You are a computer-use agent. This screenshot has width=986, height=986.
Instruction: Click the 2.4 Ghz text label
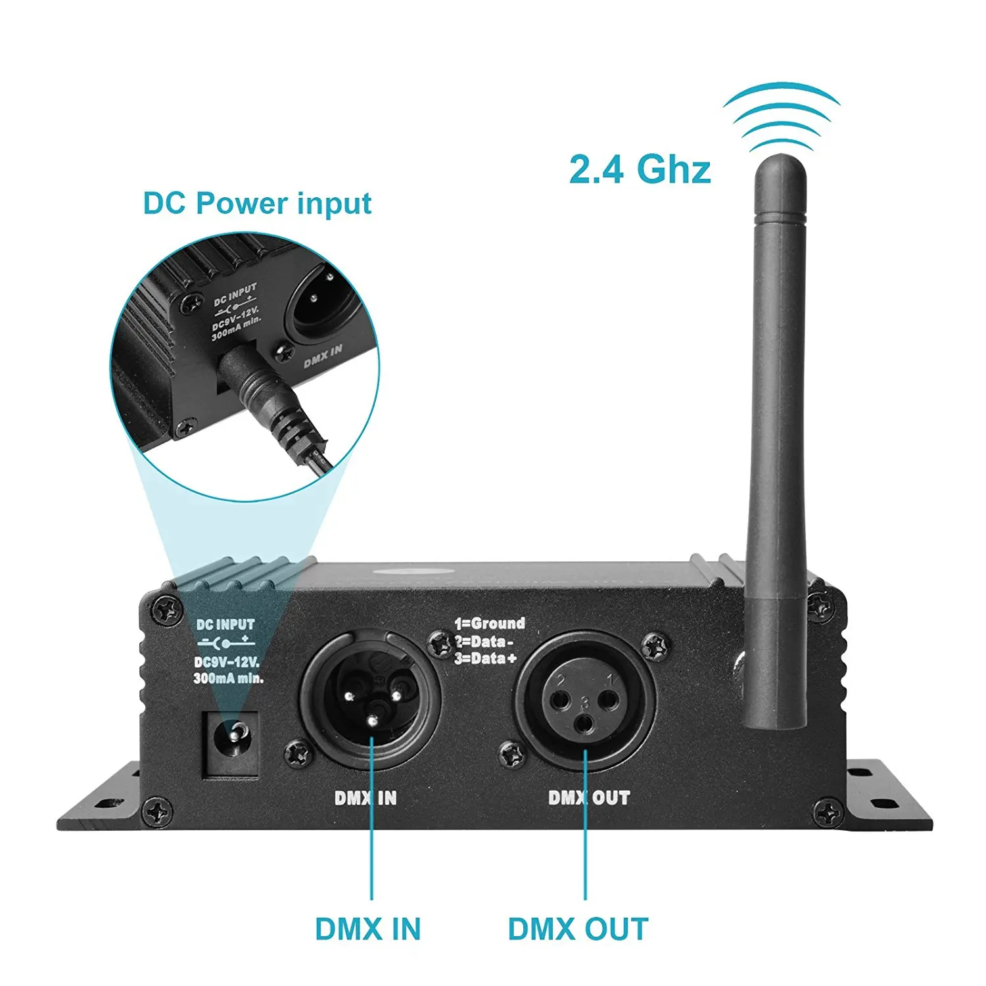pos(639,169)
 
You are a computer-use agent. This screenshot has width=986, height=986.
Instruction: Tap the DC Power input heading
pos(257,203)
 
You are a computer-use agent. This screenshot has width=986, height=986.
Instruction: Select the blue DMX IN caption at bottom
pos(367,929)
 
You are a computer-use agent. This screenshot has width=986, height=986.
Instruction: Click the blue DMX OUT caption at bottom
pos(578,929)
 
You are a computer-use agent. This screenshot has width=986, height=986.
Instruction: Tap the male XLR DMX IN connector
pos(370,697)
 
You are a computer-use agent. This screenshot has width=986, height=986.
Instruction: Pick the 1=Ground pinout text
pos(490,623)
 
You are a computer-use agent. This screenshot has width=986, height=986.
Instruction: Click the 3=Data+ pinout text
pos(486,659)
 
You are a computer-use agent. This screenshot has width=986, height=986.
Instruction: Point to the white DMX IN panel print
pos(365,798)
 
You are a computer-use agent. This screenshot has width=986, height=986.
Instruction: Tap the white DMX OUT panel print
pos(589,798)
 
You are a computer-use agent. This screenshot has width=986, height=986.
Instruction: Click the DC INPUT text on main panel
pos(225,624)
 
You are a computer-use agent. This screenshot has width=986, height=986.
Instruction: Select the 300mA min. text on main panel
pos(228,678)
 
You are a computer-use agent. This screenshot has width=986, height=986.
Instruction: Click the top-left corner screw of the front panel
pos(167,609)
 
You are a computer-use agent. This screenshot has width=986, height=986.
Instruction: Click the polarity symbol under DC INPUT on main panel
pos(226,642)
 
